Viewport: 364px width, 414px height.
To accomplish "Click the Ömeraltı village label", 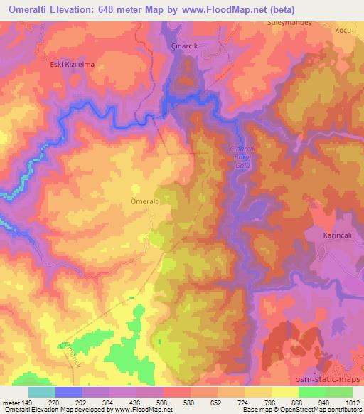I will (145, 201).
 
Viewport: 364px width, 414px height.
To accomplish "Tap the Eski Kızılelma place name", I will (72, 65).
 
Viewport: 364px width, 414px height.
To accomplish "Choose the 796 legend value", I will (259, 403).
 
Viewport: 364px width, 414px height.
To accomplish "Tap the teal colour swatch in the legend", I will (42, 392).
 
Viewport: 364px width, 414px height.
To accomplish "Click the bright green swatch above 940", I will (312, 392).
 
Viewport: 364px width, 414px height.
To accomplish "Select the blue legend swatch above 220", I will (69, 392).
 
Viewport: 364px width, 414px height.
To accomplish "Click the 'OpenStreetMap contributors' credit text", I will (318, 410).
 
